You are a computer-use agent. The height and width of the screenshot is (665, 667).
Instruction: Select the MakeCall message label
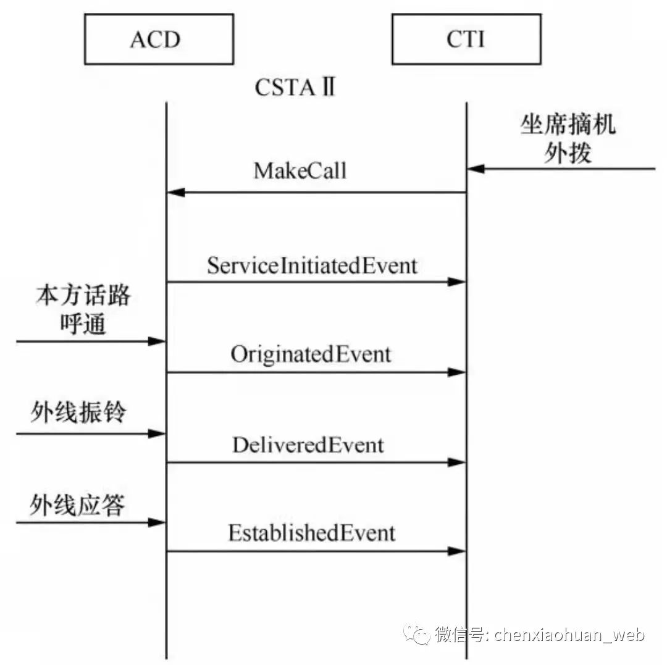coord(300,171)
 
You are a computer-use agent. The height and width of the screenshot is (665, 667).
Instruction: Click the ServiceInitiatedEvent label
coord(312,266)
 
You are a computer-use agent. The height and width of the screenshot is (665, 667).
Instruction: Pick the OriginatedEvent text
coord(311,354)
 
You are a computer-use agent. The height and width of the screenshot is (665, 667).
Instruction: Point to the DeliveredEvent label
coord(308,445)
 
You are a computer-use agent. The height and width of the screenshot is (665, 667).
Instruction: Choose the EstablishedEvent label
coord(312,533)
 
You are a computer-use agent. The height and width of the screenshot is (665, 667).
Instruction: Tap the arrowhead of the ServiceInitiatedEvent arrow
coord(456,282)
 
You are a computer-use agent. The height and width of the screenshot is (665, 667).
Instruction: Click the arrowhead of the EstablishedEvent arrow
coord(456,551)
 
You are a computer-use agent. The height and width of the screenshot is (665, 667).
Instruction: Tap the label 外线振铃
coord(78,412)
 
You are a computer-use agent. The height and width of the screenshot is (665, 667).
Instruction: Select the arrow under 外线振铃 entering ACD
coord(90,434)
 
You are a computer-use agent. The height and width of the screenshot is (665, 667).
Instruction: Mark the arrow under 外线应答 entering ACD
coord(90,523)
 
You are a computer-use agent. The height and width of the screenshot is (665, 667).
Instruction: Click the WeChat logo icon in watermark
coord(417,634)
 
